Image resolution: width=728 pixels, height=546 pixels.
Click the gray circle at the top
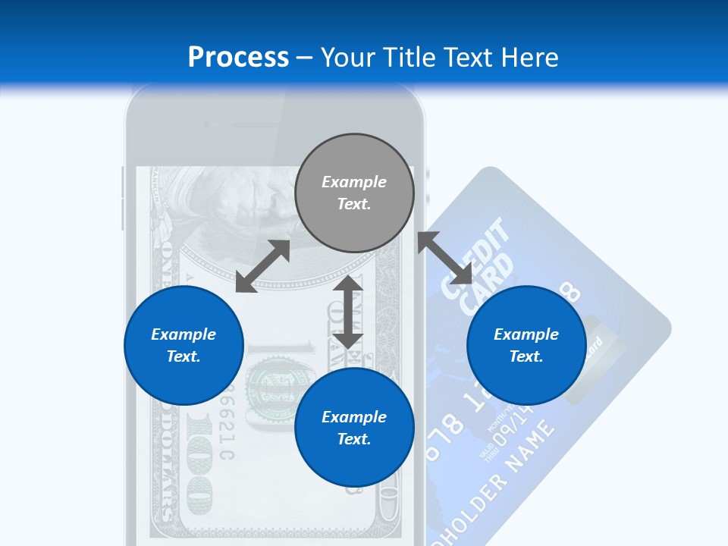click(354, 193)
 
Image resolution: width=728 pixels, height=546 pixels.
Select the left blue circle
click(184, 345)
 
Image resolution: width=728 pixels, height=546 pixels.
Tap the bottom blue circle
click(354, 428)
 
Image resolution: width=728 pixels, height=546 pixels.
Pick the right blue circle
click(526, 345)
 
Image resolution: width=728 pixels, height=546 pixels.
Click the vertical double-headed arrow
click(348, 312)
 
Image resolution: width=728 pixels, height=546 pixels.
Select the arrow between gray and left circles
click(262, 266)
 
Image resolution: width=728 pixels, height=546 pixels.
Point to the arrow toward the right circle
click(445, 259)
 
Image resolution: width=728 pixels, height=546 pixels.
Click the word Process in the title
click(238, 57)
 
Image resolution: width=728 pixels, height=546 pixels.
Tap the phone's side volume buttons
click(122, 199)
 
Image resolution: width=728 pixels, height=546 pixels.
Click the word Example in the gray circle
click(354, 182)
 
